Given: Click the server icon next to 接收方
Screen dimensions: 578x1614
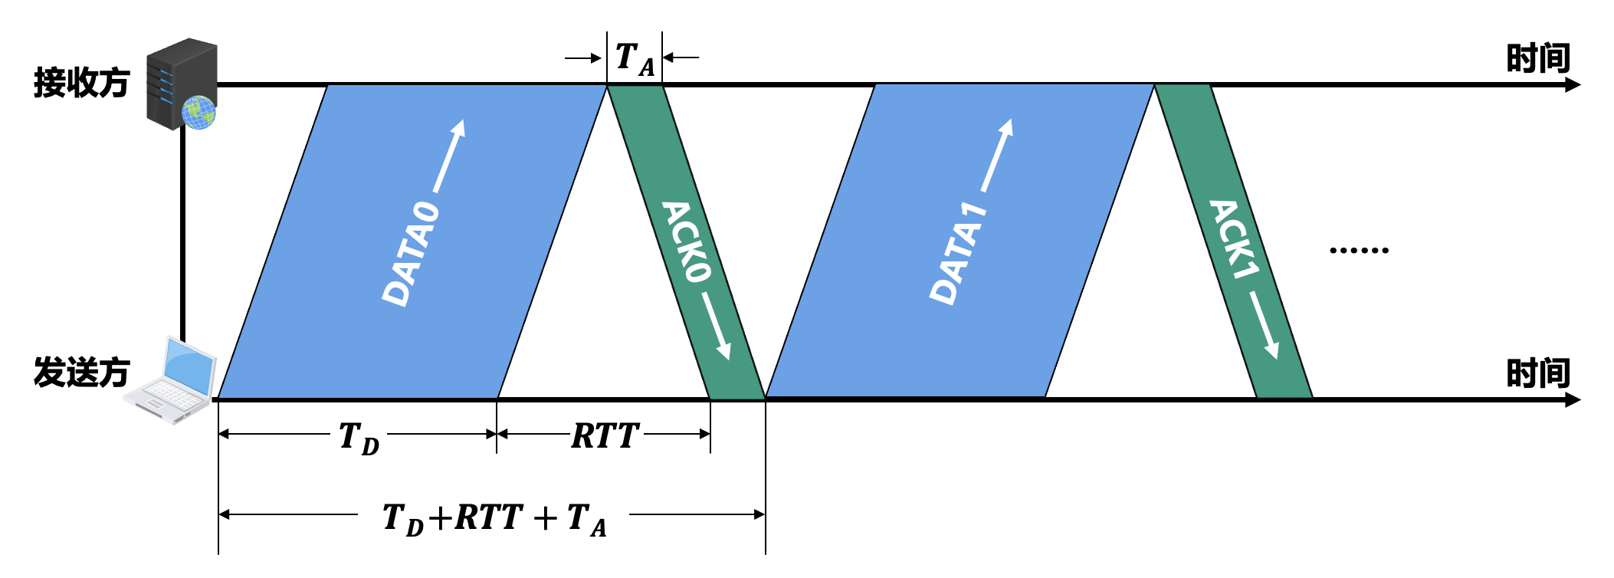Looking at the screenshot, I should [181, 83].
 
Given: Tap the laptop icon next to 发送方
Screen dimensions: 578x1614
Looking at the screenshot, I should [171, 379].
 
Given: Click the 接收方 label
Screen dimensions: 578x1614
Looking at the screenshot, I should [81, 83].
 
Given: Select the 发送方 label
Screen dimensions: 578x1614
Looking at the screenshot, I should [81, 373].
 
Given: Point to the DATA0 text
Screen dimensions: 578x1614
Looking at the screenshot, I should [411, 254].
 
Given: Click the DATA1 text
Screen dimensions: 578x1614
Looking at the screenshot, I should [958, 254].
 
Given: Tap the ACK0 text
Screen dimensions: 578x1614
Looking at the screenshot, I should [687, 241].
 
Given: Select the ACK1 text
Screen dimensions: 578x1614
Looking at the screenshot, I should [1234, 239].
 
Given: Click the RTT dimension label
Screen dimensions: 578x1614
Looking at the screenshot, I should [605, 436].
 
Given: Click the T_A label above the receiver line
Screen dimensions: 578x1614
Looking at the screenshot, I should [635, 59].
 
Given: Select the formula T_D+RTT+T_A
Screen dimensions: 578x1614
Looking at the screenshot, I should [494, 519].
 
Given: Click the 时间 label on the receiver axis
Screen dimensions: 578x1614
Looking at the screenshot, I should [1537, 59].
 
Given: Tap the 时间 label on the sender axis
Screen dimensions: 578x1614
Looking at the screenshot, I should [1537, 374].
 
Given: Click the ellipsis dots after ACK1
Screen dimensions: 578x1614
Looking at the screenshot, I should [1359, 250].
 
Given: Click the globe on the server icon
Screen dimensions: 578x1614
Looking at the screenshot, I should [198, 113].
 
